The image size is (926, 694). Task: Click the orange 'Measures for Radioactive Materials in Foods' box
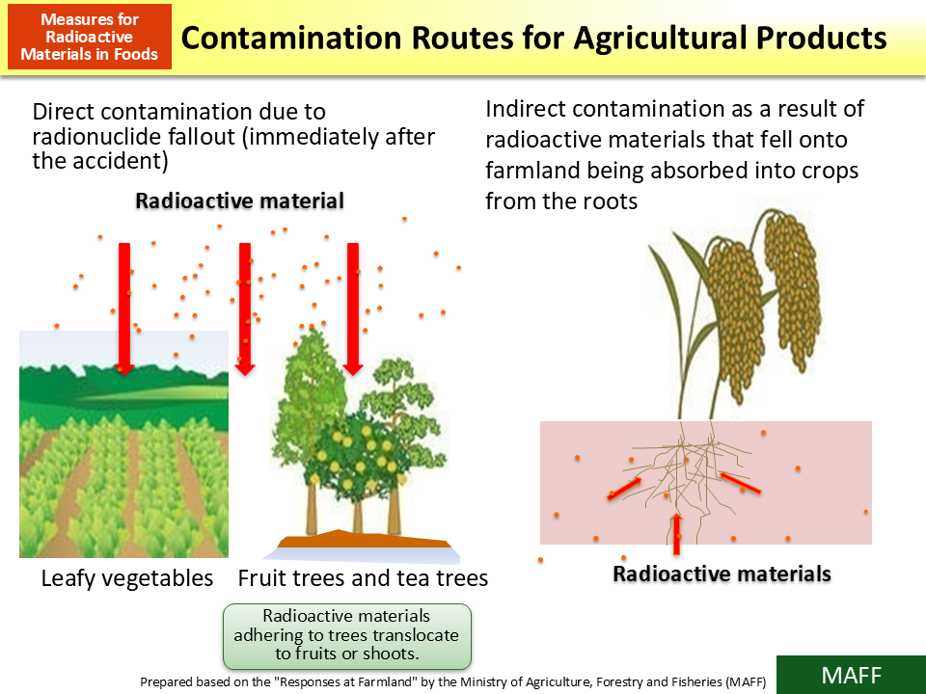pos(90,38)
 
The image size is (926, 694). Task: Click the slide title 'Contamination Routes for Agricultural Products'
pos(533,39)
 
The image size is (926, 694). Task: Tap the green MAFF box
pos(850,675)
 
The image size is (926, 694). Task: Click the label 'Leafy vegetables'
pos(126,578)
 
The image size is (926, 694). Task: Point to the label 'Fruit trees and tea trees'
pos(363,578)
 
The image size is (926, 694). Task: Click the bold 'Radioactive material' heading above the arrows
pos(239,201)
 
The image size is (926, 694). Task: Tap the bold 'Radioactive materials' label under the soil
pos(722,574)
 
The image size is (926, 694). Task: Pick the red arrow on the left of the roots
pos(624,489)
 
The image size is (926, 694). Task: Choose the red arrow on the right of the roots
pos(741,483)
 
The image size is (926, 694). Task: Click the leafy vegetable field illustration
pos(123,453)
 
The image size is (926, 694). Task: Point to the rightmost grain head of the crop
pos(796,294)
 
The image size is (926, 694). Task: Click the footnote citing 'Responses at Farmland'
pos(453,681)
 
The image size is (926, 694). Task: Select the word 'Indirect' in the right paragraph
pos(526,109)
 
